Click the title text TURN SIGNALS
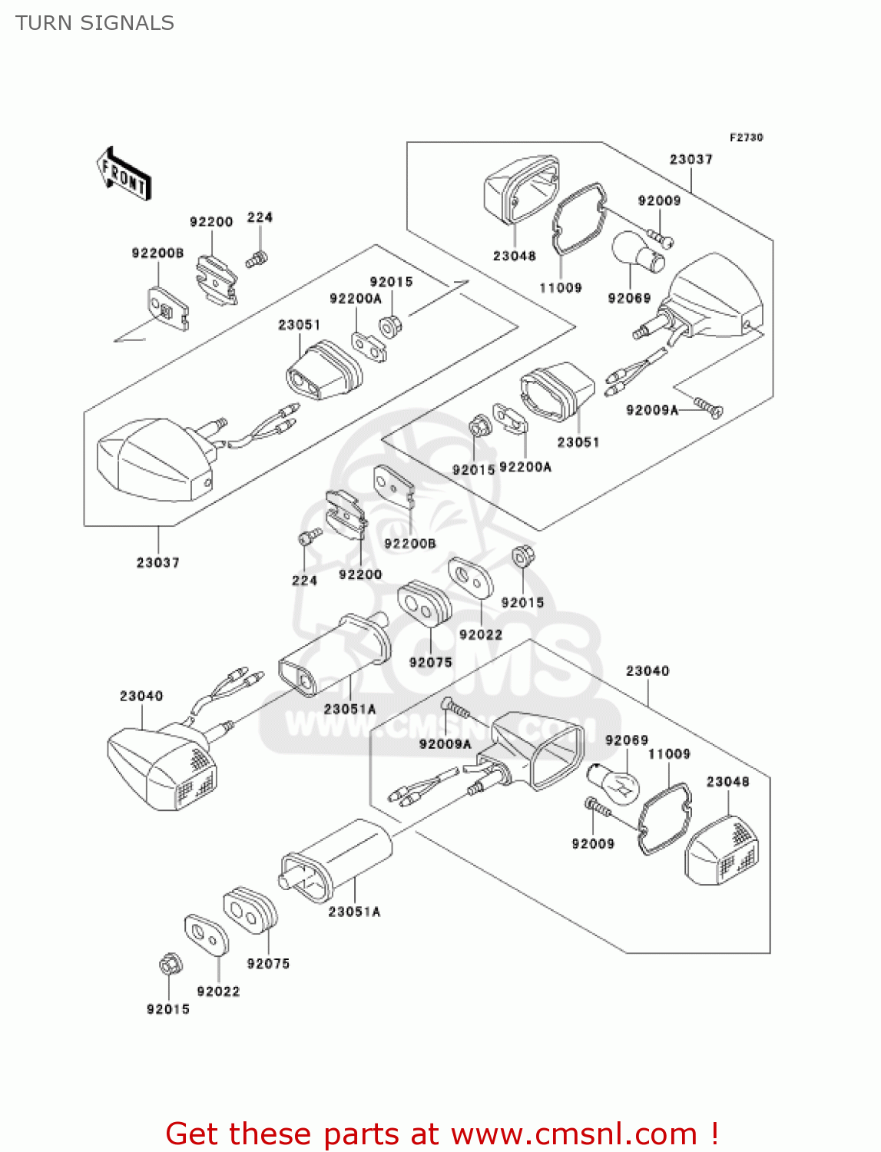pos(94,23)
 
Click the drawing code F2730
pos(746,137)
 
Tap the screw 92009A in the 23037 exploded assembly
pos(708,406)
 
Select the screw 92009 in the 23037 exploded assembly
pos(660,237)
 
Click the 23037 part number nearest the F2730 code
pos(691,160)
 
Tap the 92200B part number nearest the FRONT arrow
pos(157,253)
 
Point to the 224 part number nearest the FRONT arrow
pos(260,217)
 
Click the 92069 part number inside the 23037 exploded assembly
pos(629,298)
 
